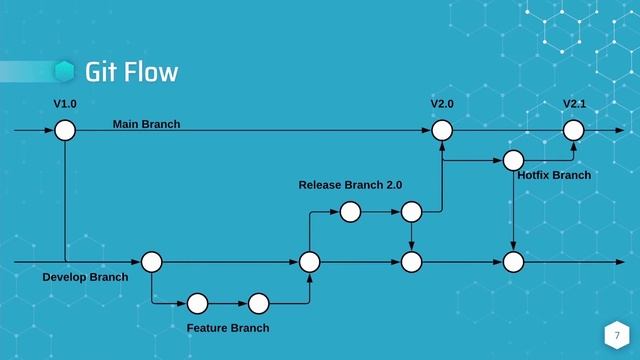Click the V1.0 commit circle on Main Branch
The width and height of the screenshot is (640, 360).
tap(65, 131)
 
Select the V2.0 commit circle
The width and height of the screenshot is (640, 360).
tap(442, 131)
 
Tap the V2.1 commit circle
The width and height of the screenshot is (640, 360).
tap(573, 131)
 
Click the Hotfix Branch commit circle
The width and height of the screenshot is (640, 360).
tap(513, 160)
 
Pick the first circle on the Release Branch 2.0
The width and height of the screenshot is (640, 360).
tap(350, 212)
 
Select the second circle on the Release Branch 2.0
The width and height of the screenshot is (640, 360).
tap(411, 212)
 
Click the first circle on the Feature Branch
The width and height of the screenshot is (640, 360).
tap(197, 302)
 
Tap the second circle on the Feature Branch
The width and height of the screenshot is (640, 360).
tap(259, 302)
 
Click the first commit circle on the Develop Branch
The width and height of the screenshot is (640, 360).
tap(152, 262)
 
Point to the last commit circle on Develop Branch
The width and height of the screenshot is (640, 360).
tap(513, 262)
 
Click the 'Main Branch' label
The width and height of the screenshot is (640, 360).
tap(146, 124)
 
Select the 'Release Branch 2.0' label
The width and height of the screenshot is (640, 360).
tap(350, 185)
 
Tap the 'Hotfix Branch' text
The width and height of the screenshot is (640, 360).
tap(554, 175)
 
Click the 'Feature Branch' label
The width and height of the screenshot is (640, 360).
tap(228, 328)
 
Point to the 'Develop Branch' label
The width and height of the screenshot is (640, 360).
tap(85, 276)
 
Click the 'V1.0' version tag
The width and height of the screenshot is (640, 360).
tap(65, 104)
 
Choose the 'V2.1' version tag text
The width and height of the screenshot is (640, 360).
tap(574, 104)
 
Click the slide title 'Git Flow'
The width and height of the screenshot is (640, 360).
tap(131, 72)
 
